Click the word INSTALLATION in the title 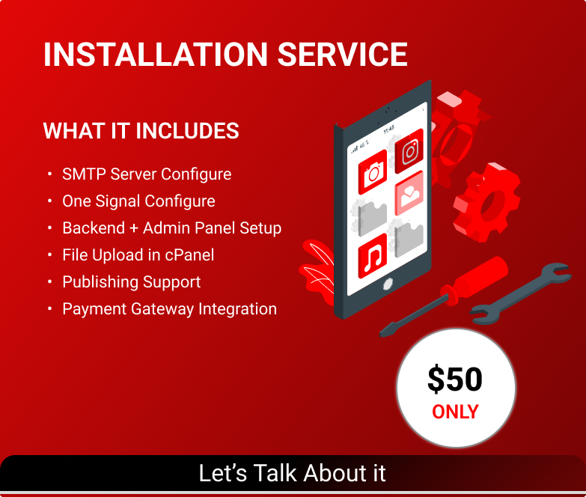tap(156, 55)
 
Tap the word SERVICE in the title tap(342, 55)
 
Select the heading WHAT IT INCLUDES tap(141, 131)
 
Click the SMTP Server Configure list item tap(147, 174)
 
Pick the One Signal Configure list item tap(138, 201)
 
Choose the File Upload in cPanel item tap(138, 255)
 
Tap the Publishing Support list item tap(132, 282)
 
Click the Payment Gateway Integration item tap(170, 309)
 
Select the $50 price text tap(455, 379)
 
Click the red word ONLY tap(455, 412)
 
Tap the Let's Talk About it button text tap(292, 473)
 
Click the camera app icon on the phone tap(373, 172)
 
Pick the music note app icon tap(373, 256)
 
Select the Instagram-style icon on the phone tap(409, 151)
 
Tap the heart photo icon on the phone tap(409, 193)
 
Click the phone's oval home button tap(388, 284)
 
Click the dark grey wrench tap(521, 293)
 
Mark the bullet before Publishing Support tap(49, 282)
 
